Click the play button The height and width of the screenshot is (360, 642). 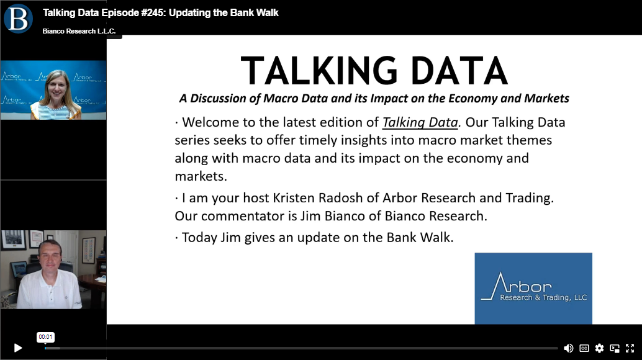tap(17, 348)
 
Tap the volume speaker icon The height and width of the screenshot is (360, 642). tap(568, 348)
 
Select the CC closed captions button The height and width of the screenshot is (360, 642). tap(584, 348)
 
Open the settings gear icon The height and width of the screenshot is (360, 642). tap(599, 348)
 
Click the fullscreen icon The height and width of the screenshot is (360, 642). tap(630, 348)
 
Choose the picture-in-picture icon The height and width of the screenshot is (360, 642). tap(615, 348)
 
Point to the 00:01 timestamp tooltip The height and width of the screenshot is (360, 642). tap(45, 337)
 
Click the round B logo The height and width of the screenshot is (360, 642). tap(18, 19)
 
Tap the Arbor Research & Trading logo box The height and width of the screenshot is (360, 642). tap(533, 289)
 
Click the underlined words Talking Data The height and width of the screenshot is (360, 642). tap(420, 122)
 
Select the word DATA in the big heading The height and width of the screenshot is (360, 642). tap(459, 71)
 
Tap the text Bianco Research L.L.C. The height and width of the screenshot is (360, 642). tap(79, 31)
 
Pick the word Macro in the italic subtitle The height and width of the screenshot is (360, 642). tap(281, 99)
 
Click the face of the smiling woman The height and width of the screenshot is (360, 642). tap(57, 88)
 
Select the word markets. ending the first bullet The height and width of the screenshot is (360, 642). tap(201, 176)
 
